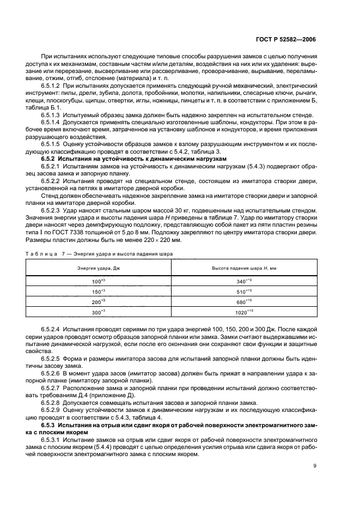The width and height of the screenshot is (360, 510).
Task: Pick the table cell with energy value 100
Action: (99, 282)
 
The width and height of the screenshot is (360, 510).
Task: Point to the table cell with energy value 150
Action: (99, 292)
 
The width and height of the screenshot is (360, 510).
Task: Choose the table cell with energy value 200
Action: (99, 301)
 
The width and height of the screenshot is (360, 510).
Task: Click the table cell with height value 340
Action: (244, 282)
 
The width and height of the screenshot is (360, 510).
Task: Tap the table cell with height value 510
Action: (244, 292)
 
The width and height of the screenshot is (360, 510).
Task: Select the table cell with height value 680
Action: (244, 301)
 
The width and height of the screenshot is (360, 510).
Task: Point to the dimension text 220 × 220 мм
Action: (165, 240)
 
